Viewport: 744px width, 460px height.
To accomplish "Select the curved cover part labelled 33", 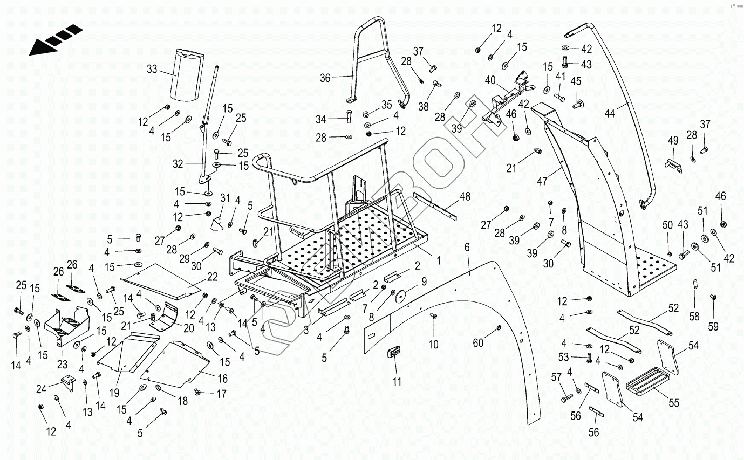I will tap(185, 75).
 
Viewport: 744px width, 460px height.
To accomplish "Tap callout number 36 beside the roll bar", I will tap(325, 78).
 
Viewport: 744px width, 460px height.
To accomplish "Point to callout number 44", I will tap(610, 114).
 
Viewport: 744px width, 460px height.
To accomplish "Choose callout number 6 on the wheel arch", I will tap(467, 248).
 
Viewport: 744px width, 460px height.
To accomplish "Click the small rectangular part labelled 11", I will tap(395, 352).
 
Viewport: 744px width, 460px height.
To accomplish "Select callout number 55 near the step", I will tap(674, 402).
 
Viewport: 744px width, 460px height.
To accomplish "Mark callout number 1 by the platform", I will tap(439, 261).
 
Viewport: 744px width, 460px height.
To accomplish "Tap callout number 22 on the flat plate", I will tap(212, 277).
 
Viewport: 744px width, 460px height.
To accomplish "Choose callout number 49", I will tap(673, 141).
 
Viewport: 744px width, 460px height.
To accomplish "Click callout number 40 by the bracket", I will tap(490, 80).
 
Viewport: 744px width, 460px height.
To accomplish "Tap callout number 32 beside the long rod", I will tap(178, 163).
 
